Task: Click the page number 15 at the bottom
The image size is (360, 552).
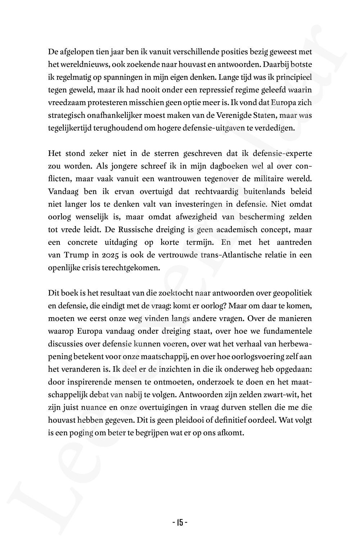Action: coord(180,522)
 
